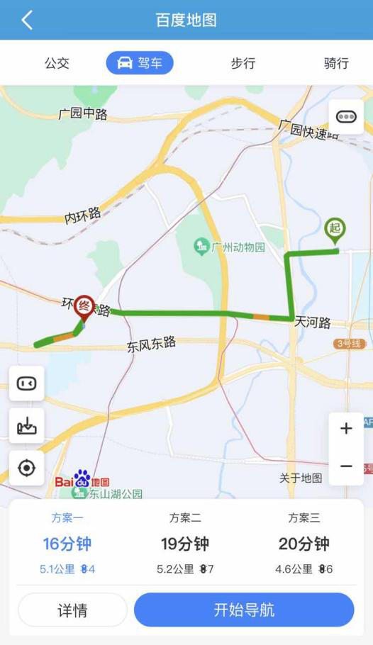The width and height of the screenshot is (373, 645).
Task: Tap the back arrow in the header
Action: [x=27, y=20]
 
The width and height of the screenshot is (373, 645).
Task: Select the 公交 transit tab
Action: [x=57, y=63]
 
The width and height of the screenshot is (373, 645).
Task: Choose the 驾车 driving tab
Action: [x=140, y=63]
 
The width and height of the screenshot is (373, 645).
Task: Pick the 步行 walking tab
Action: [x=243, y=63]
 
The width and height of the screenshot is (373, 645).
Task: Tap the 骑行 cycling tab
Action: [x=336, y=63]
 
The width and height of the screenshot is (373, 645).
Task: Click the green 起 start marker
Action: [x=335, y=230]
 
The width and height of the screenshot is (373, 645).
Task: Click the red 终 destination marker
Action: [x=84, y=306]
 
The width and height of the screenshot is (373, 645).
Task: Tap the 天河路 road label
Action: [x=313, y=322]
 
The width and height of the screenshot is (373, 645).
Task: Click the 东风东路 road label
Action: [x=151, y=345]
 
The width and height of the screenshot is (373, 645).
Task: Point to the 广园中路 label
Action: [x=83, y=113]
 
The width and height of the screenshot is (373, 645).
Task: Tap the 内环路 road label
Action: [x=83, y=215]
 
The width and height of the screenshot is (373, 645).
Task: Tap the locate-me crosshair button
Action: [x=27, y=469]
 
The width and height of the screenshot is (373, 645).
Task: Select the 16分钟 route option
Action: [x=67, y=544]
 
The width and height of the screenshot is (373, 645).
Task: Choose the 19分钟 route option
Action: [x=185, y=544]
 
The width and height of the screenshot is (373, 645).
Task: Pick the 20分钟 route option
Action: [x=304, y=544]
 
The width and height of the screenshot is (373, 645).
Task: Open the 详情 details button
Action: [x=72, y=610]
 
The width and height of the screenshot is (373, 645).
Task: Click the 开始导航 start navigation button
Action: [x=244, y=610]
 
